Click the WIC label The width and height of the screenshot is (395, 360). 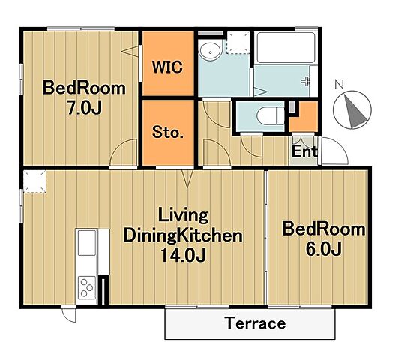(x=167, y=67)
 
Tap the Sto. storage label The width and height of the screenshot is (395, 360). (x=168, y=132)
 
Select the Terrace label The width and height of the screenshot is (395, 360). (x=256, y=323)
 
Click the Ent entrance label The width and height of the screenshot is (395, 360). (x=304, y=151)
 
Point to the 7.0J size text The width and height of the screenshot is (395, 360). (x=84, y=108)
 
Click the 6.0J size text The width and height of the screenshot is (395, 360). (x=324, y=248)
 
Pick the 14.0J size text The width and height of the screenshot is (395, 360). (x=183, y=255)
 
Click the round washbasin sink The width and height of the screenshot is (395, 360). (x=210, y=51)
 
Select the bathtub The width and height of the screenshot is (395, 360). (x=286, y=48)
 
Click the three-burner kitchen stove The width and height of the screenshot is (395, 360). (x=87, y=288)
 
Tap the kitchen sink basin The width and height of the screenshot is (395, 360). (x=87, y=242)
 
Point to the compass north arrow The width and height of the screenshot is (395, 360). (x=355, y=112)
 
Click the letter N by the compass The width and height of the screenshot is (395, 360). (x=340, y=85)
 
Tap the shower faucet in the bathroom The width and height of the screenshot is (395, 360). (x=306, y=81)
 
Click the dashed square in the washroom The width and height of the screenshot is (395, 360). (x=238, y=42)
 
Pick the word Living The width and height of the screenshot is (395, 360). (x=183, y=216)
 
